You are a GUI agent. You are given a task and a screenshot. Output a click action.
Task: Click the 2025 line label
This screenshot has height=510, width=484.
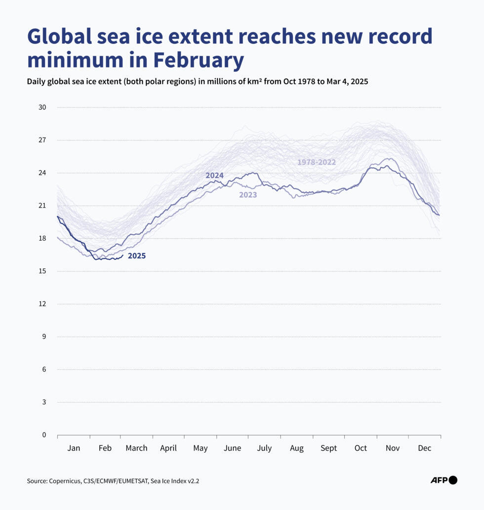[x=136, y=256]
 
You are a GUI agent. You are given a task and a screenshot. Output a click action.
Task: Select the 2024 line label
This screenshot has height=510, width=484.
[x=214, y=176]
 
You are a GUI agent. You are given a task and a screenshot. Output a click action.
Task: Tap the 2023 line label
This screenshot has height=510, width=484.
[x=248, y=195]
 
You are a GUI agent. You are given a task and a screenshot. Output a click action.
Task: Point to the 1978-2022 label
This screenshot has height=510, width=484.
[x=316, y=162]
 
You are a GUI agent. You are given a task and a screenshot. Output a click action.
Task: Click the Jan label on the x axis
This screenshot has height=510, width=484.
[x=74, y=448]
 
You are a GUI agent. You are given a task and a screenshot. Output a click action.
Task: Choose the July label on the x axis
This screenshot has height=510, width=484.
[x=264, y=448]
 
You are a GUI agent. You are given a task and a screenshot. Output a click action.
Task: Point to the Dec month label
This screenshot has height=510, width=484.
[x=424, y=448]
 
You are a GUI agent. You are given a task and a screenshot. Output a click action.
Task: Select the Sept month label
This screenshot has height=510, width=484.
[x=328, y=448]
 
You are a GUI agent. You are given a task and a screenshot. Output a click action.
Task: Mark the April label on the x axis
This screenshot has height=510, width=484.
[x=168, y=448]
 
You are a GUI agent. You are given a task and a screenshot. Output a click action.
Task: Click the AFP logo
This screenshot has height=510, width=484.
[x=444, y=480]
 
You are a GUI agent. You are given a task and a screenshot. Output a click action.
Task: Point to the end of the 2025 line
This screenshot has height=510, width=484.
[x=122, y=255]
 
